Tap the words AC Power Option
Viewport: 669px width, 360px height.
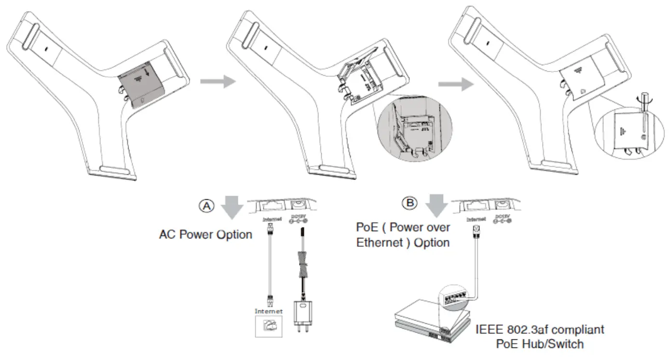(x=206, y=235)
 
